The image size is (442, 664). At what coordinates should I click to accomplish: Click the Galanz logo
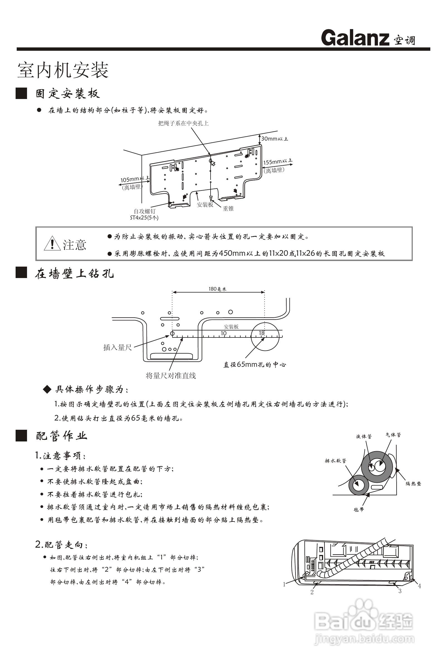[355, 38]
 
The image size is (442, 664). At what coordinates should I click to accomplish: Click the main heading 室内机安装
[63, 70]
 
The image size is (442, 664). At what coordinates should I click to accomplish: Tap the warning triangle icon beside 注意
[52, 244]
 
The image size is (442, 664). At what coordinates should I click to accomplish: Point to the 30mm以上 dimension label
[274, 139]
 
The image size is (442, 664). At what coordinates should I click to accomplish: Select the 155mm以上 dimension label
[278, 162]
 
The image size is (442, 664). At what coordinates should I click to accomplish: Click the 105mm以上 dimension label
[135, 179]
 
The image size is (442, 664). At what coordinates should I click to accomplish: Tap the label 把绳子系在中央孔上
[183, 123]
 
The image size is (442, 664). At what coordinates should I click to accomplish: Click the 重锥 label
[228, 209]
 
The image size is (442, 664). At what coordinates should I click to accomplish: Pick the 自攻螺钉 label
[144, 211]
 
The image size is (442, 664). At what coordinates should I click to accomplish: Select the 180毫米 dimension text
[217, 289]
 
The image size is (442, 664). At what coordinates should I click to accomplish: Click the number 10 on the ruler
[224, 333]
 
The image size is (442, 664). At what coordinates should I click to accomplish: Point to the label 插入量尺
[118, 347]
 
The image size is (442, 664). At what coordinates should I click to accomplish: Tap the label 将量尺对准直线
[171, 376]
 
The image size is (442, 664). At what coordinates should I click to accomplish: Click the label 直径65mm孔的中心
[255, 364]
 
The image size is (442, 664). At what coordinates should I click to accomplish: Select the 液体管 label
[364, 436]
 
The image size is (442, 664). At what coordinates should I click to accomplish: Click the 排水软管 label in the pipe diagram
[335, 461]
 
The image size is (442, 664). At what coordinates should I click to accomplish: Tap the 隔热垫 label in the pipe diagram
[413, 484]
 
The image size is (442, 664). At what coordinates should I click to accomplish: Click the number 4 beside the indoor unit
[419, 586]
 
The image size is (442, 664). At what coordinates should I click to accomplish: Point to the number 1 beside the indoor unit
[284, 585]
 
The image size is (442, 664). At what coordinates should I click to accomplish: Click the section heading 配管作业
[62, 436]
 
